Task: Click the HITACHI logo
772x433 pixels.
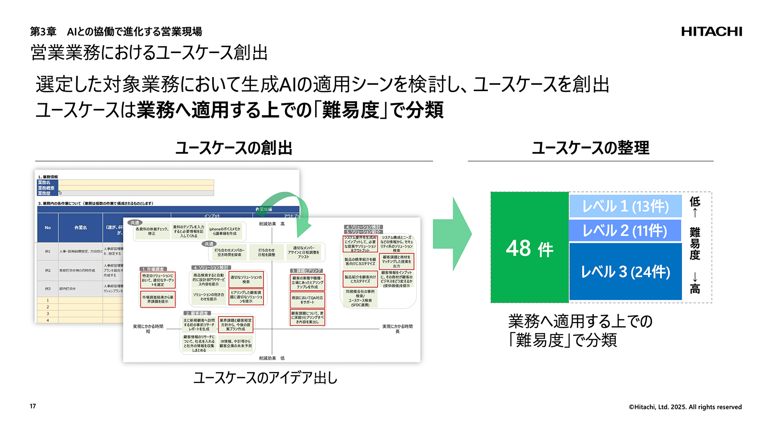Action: click(711, 32)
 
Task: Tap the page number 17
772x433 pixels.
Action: click(33, 406)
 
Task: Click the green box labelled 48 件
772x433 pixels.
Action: click(530, 248)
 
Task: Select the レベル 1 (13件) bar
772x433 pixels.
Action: click(625, 206)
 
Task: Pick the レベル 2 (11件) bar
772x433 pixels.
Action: click(625, 230)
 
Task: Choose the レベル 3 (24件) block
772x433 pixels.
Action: click(625, 271)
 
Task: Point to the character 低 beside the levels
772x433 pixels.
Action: click(695, 201)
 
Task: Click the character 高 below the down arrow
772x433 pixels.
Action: click(695, 289)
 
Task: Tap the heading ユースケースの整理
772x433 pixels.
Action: click(591, 148)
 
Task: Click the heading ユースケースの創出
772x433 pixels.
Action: click(234, 148)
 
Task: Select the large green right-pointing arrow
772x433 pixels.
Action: click(452, 234)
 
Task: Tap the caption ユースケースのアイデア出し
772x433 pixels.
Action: click(265, 378)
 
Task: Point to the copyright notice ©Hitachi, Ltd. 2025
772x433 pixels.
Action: click(685, 407)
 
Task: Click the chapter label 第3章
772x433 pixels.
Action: click(43, 32)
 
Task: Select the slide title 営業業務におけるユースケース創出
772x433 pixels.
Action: click(149, 53)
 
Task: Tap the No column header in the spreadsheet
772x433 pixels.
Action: click(48, 228)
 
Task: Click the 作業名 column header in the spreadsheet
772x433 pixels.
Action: click(81, 228)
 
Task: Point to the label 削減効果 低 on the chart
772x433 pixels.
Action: click(272, 358)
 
